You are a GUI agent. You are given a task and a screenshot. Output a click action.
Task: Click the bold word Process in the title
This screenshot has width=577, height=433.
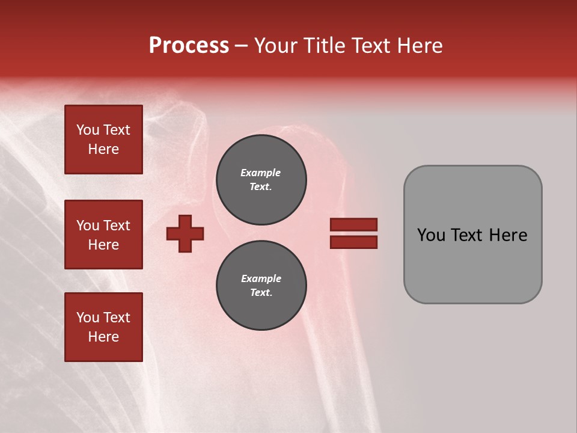(189, 46)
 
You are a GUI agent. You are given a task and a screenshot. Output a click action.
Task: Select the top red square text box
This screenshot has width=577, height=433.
(103, 140)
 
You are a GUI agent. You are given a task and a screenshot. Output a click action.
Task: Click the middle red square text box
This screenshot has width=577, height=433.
(103, 235)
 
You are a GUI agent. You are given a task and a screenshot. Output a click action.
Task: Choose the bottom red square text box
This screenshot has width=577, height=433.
(103, 327)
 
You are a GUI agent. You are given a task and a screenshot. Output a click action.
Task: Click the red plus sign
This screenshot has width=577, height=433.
(185, 233)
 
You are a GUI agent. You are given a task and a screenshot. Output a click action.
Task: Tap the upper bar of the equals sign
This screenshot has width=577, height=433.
(353, 225)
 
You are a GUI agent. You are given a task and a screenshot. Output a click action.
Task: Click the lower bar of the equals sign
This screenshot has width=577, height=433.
(353, 242)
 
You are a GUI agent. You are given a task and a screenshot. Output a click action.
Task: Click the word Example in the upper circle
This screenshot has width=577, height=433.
(261, 173)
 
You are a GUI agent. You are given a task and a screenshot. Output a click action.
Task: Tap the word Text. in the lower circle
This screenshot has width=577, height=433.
(261, 293)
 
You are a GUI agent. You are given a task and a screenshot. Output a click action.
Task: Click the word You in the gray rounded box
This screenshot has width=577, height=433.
(431, 235)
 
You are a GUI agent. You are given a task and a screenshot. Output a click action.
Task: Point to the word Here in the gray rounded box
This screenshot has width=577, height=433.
(508, 235)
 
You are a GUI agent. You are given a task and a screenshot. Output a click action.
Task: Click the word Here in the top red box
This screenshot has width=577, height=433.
(103, 149)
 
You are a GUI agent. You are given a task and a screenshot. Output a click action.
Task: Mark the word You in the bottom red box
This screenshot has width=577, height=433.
(88, 318)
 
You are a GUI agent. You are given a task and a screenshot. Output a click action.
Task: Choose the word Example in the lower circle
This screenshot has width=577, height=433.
(261, 278)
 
